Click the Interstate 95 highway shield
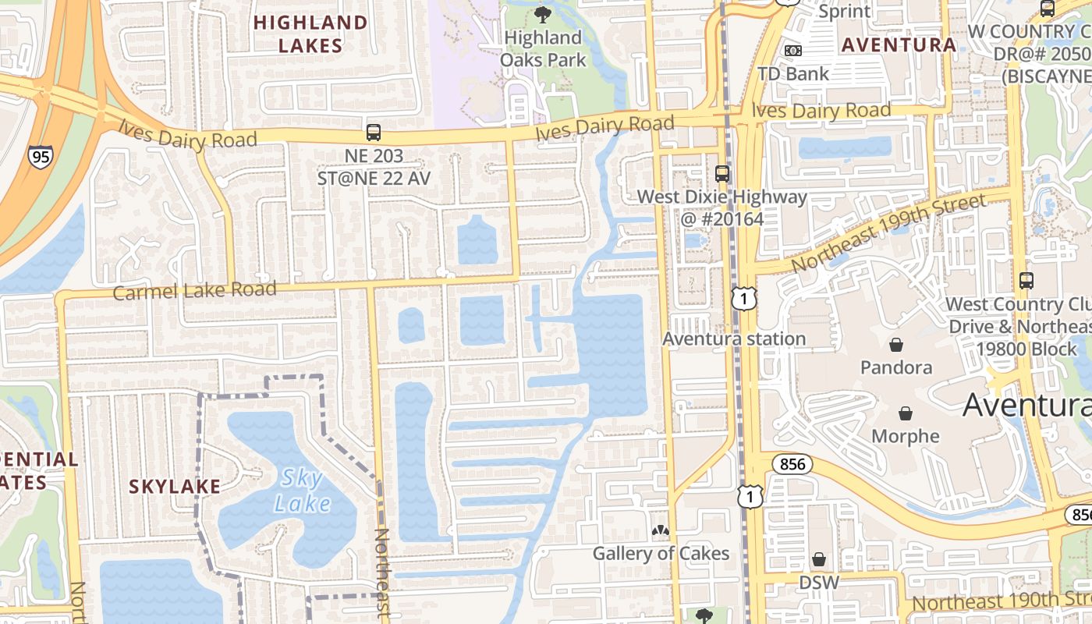(x=39, y=156)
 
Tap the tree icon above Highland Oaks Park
(x=542, y=14)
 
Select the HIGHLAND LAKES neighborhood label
(x=310, y=34)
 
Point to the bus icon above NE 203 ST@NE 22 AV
(x=374, y=133)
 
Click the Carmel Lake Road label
(x=195, y=291)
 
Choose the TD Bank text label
(x=793, y=74)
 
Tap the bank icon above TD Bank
(x=793, y=50)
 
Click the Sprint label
(x=845, y=11)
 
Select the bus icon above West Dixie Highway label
(x=722, y=173)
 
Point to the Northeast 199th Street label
(x=889, y=232)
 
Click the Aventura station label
(x=734, y=339)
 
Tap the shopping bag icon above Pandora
(x=896, y=344)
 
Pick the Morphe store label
(x=906, y=436)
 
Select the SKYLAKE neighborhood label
(x=175, y=487)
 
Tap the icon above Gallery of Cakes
(x=661, y=531)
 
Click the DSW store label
(x=818, y=583)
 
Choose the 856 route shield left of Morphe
(x=792, y=465)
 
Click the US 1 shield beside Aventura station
(x=745, y=297)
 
